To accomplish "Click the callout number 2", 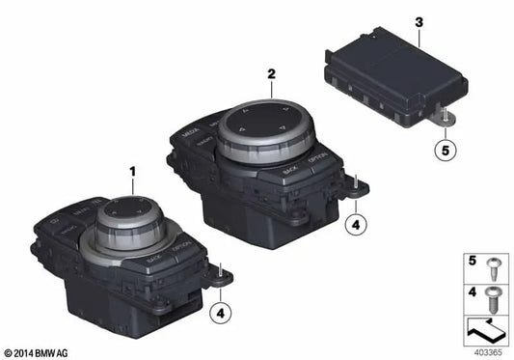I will [x=271, y=73].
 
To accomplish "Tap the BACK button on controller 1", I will [x=152, y=260].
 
